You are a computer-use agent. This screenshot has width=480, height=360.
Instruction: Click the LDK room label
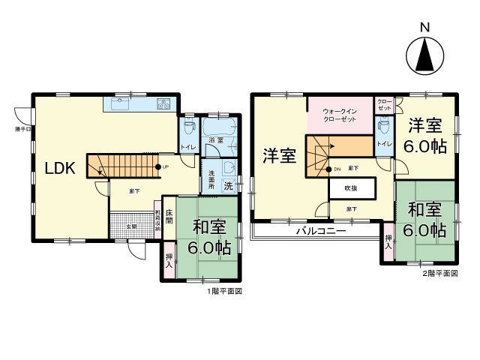click(x=60, y=168)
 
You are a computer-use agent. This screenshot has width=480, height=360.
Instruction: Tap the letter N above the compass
click(x=424, y=28)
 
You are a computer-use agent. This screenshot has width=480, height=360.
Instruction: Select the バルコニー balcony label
click(x=321, y=231)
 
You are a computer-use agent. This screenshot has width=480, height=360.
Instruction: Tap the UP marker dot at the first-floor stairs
click(x=156, y=166)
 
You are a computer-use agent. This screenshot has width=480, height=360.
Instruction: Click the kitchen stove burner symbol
click(x=164, y=103)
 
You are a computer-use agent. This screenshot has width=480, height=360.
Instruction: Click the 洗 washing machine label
click(x=228, y=185)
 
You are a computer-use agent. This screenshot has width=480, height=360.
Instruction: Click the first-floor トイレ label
click(x=184, y=147)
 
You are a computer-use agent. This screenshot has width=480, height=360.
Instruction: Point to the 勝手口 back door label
click(x=22, y=130)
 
